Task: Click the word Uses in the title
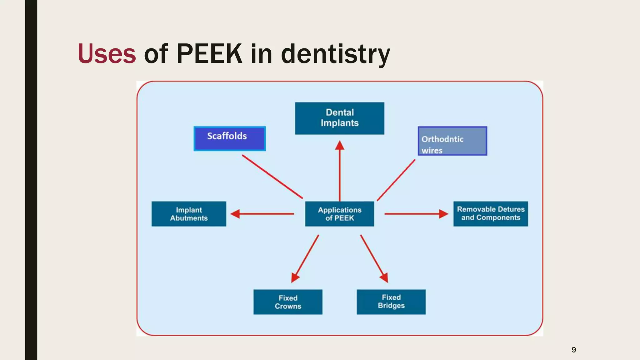tap(107, 54)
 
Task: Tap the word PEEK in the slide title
tap(209, 54)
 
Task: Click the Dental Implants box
tap(339, 118)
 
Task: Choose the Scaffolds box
tap(230, 138)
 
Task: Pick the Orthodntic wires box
tap(452, 141)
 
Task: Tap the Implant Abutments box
tap(189, 214)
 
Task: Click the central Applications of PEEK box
tap(339, 214)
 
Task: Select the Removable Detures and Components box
tap(490, 214)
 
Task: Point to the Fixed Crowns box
tap(288, 302)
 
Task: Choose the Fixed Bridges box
tap(391, 302)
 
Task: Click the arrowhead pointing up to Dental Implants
tap(340, 146)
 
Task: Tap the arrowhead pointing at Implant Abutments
tap(235, 214)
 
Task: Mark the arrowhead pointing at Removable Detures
tap(443, 214)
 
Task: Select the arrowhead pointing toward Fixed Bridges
tap(384, 277)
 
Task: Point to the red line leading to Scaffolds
tap(272, 177)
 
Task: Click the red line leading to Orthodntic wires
tap(396, 180)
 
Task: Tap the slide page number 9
tap(574, 350)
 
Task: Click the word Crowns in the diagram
tap(288, 306)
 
